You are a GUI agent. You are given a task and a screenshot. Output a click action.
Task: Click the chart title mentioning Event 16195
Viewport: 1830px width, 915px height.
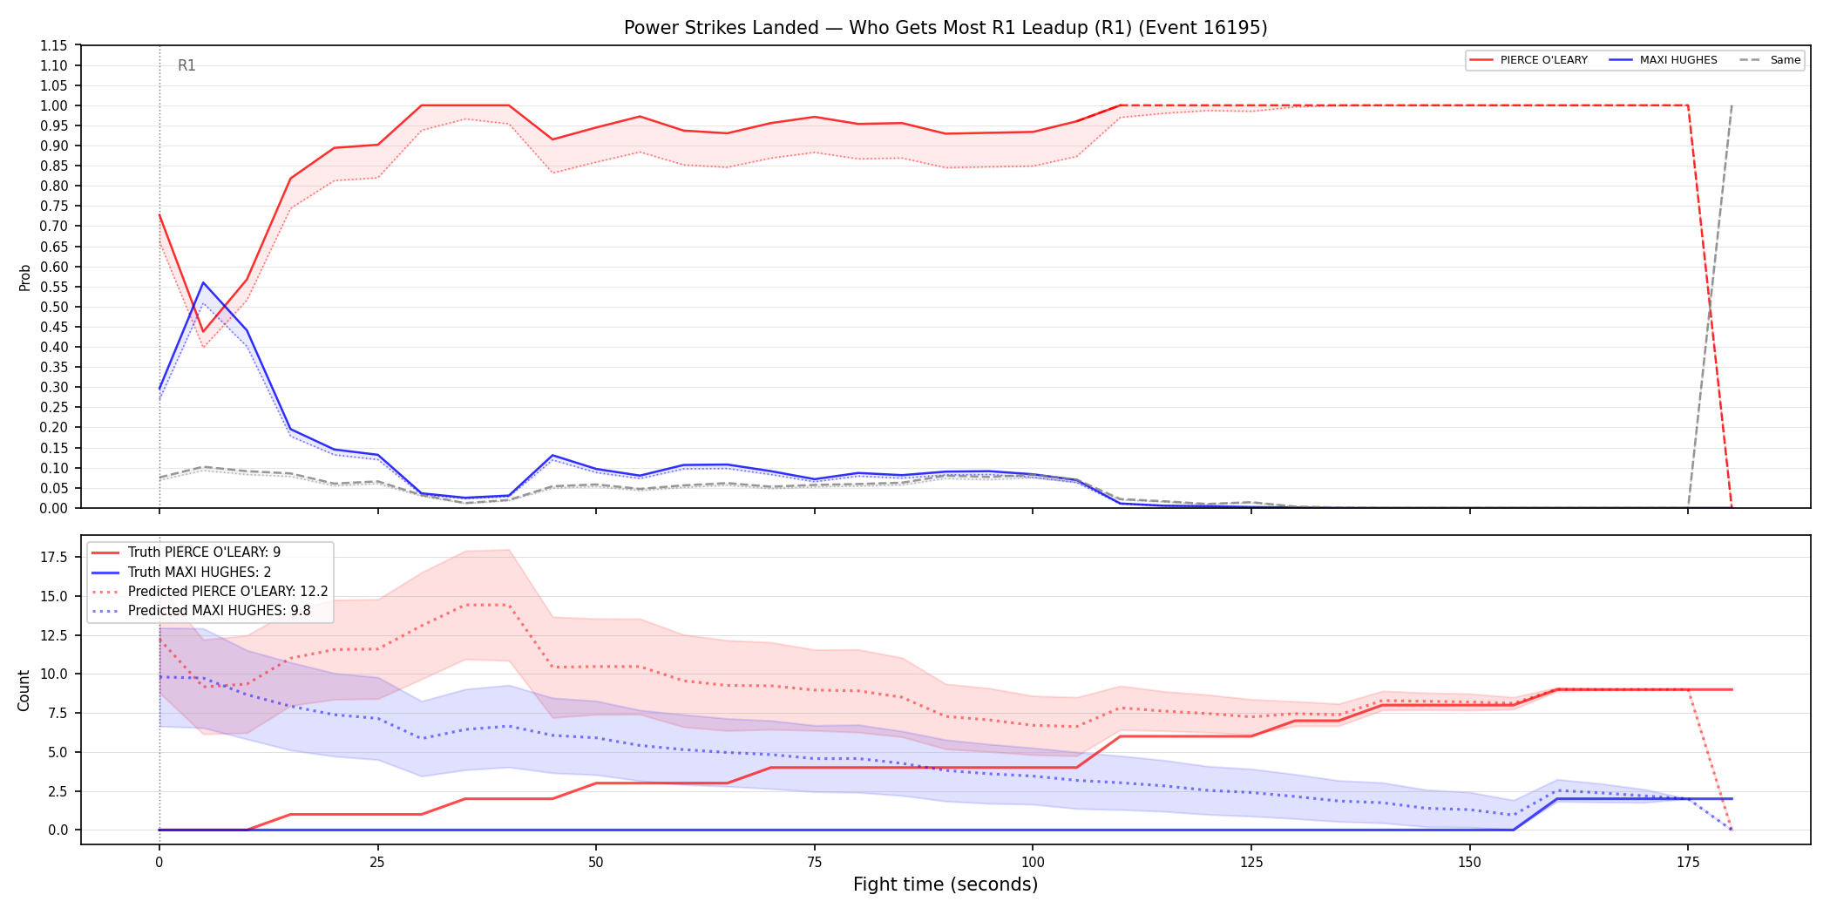pyautogui.click(x=945, y=28)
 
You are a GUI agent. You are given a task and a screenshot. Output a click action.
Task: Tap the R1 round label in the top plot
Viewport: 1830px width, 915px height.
pyautogui.click(x=186, y=65)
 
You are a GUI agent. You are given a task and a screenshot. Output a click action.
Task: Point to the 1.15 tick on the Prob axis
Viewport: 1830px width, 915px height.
pyautogui.click(x=53, y=45)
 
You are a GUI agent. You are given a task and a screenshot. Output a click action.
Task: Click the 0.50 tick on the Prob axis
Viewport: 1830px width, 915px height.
pyautogui.click(x=53, y=307)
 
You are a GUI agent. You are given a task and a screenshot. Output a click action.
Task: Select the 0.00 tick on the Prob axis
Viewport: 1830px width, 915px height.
pyautogui.click(x=53, y=508)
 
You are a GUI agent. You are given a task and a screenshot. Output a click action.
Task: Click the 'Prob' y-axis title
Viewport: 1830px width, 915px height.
pyautogui.click(x=25, y=277)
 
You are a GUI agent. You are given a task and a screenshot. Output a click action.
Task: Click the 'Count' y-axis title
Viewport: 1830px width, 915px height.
pyautogui.click(x=24, y=690)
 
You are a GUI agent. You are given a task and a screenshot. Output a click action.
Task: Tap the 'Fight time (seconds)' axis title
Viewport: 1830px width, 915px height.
pyautogui.click(x=945, y=884)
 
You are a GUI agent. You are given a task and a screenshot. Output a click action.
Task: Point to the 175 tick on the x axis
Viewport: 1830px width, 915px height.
pyautogui.click(x=1688, y=863)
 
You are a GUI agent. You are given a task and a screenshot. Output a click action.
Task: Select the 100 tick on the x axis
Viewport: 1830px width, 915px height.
pyautogui.click(x=1033, y=863)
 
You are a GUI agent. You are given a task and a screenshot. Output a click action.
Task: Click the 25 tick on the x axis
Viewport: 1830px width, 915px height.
pyautogui.click(x=377, y=863)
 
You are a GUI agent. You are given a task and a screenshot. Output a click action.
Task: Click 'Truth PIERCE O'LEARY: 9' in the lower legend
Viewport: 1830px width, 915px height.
pyautogui.click(x=204, y=552)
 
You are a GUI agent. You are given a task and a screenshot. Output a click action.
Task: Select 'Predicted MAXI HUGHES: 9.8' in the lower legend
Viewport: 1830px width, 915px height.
pyautogui.click(x=220, y=611)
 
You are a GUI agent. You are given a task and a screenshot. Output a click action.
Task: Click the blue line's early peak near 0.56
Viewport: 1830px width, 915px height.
pyautogui.click(x=203, y=282)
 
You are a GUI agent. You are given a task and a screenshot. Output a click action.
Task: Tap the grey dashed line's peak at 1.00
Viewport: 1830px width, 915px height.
pyautogui.click(x=1732, y=105)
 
